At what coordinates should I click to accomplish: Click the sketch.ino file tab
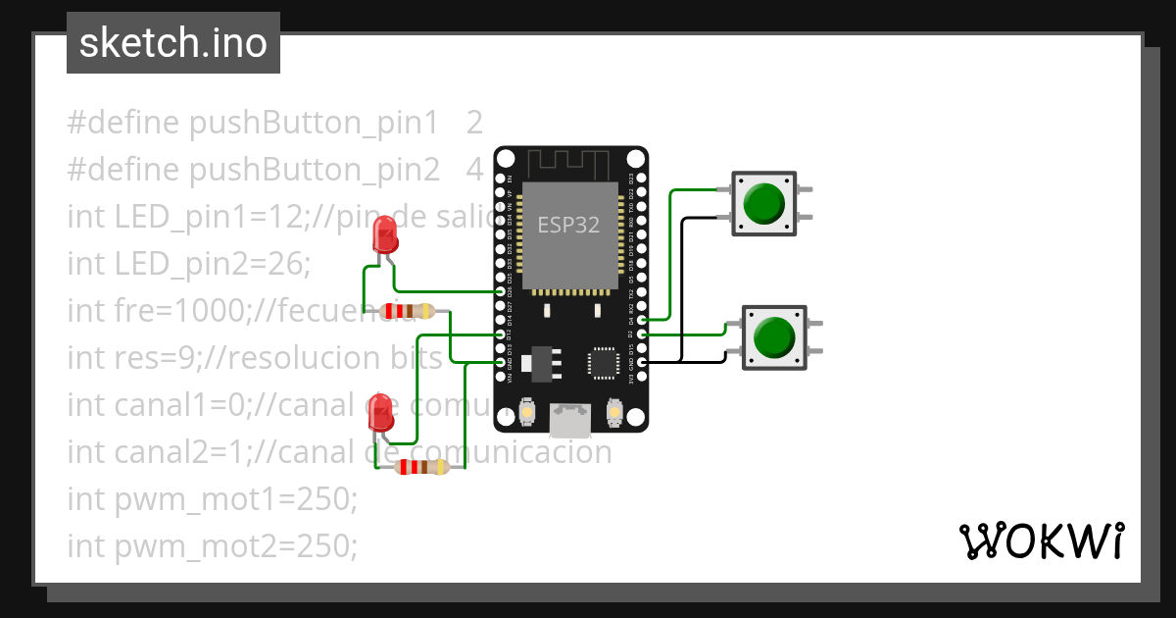(173, 43)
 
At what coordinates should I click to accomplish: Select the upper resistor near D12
(408, 312)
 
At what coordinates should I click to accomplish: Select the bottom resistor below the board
(421, 468)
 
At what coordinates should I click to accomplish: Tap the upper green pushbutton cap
(763, 203)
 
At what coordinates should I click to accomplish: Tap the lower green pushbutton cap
(773, 336)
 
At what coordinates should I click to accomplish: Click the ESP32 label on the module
(568, 225)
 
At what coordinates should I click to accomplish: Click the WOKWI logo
(1041, 541)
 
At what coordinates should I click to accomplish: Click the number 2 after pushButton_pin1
(474, 123)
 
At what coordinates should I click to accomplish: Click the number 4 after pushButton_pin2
(474, 170)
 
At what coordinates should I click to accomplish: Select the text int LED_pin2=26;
(188, 264)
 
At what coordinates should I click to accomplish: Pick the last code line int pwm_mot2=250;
(213, 545)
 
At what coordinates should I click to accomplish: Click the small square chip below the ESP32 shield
(603, 363)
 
